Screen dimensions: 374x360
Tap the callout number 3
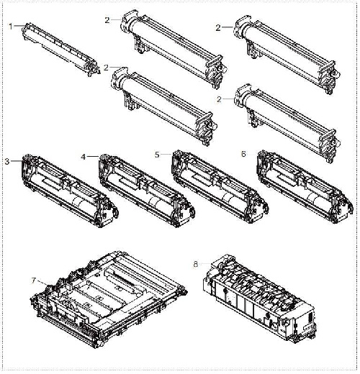pyautogui.click(x=7, y=160)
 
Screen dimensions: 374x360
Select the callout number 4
pyautogui.click(x=84, y=156)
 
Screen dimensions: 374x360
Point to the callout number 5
pyautogui.click(x=158, y=153)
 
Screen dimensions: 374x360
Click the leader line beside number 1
pyautogui.click(x=19, y=26)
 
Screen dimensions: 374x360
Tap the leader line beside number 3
pyautogui.click(x=15, y=160)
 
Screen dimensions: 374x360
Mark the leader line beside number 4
pyautogui.click(x=92, y=156)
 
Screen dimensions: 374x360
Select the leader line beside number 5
pyautogui.click(x=166, y=153)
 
